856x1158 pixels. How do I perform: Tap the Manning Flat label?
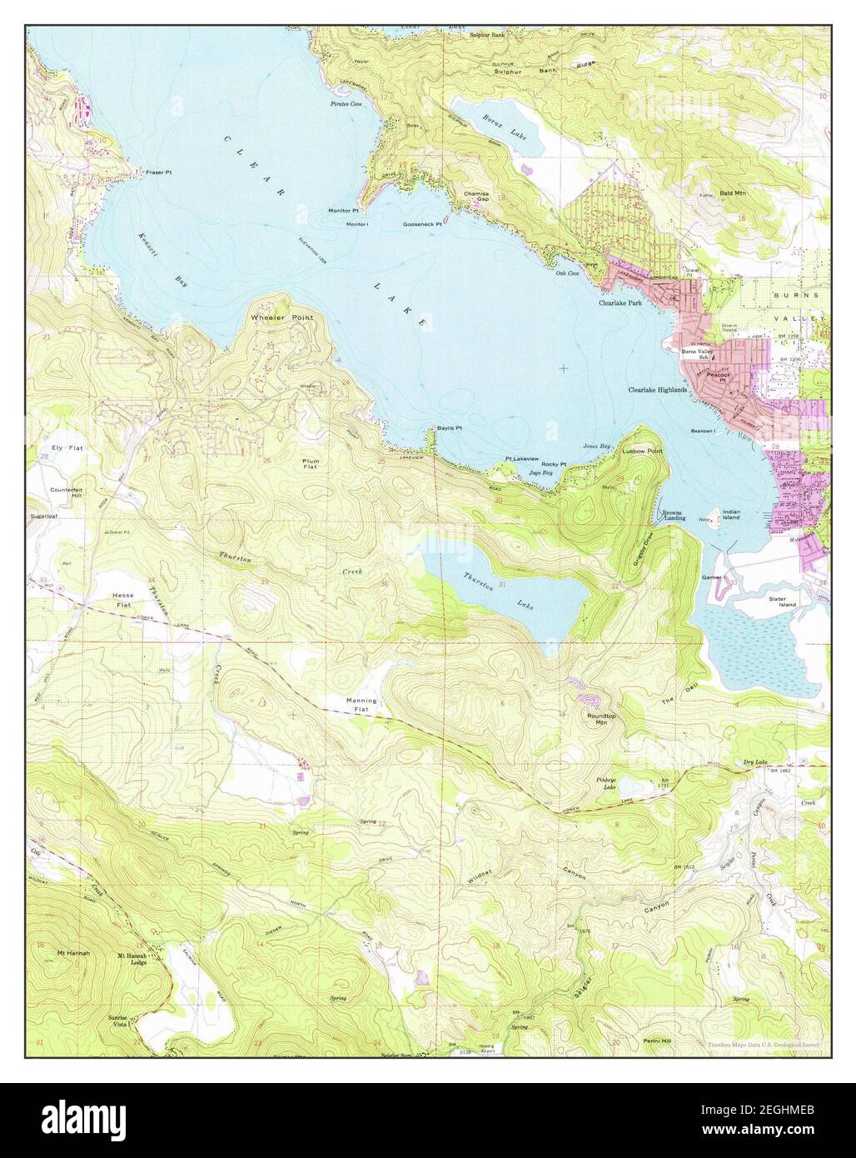pos(361,705)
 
